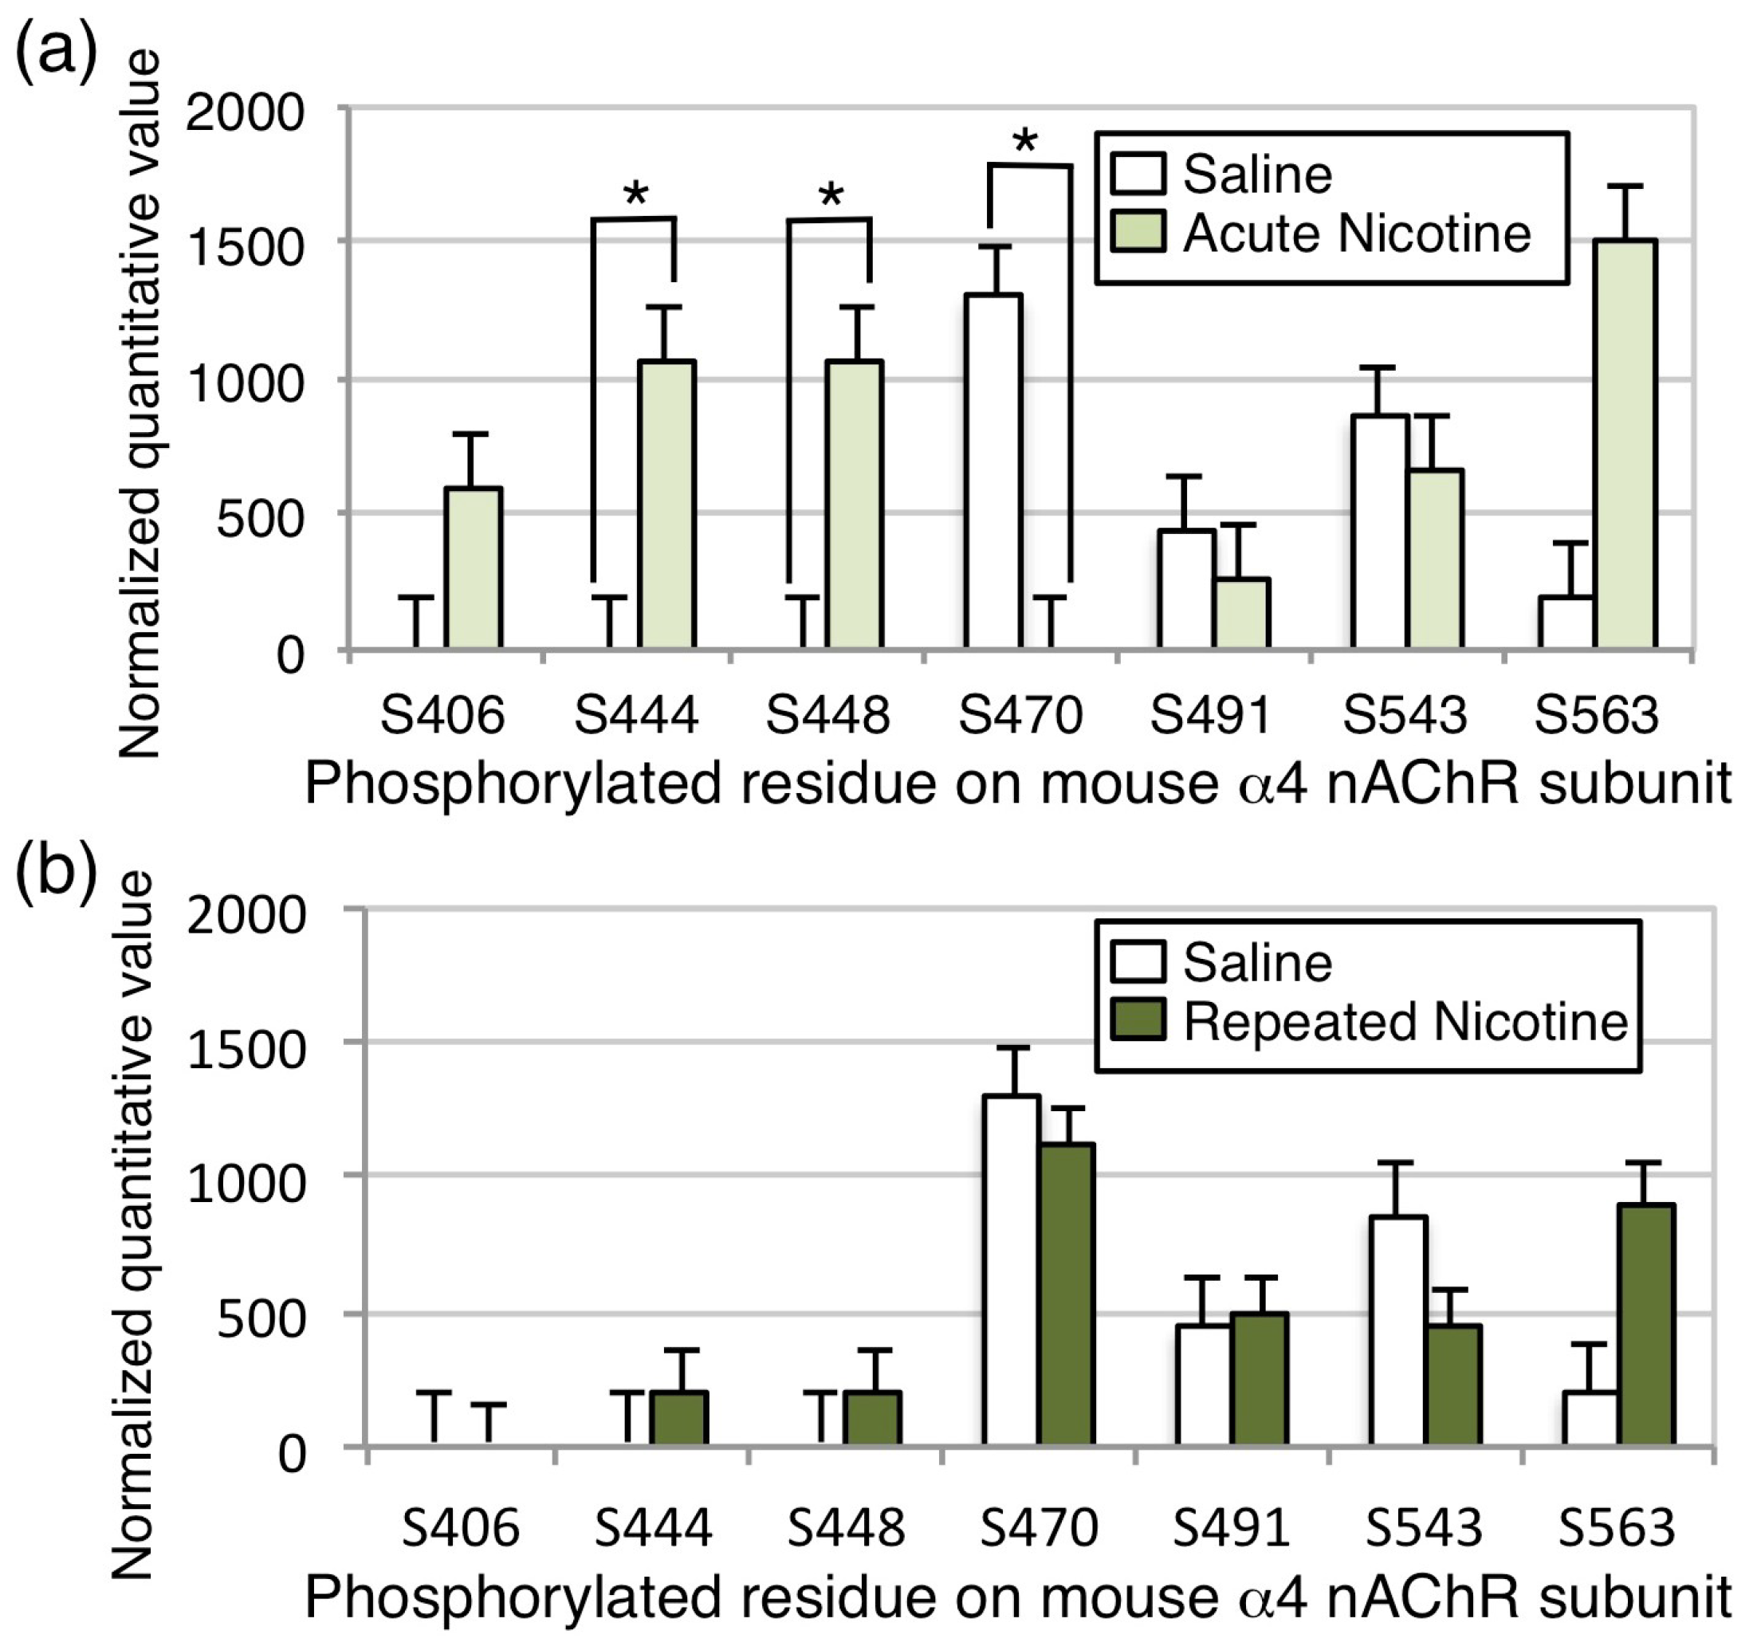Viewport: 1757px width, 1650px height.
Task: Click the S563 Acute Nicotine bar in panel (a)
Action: coord(1626,442)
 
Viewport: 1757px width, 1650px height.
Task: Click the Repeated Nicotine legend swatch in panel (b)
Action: coord(1138,1021)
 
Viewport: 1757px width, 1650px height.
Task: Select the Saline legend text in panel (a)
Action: coord(1257,174)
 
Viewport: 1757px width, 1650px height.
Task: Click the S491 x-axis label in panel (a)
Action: coord(1210,715)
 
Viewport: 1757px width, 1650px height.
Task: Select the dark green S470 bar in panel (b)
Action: coord(1067,1294)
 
